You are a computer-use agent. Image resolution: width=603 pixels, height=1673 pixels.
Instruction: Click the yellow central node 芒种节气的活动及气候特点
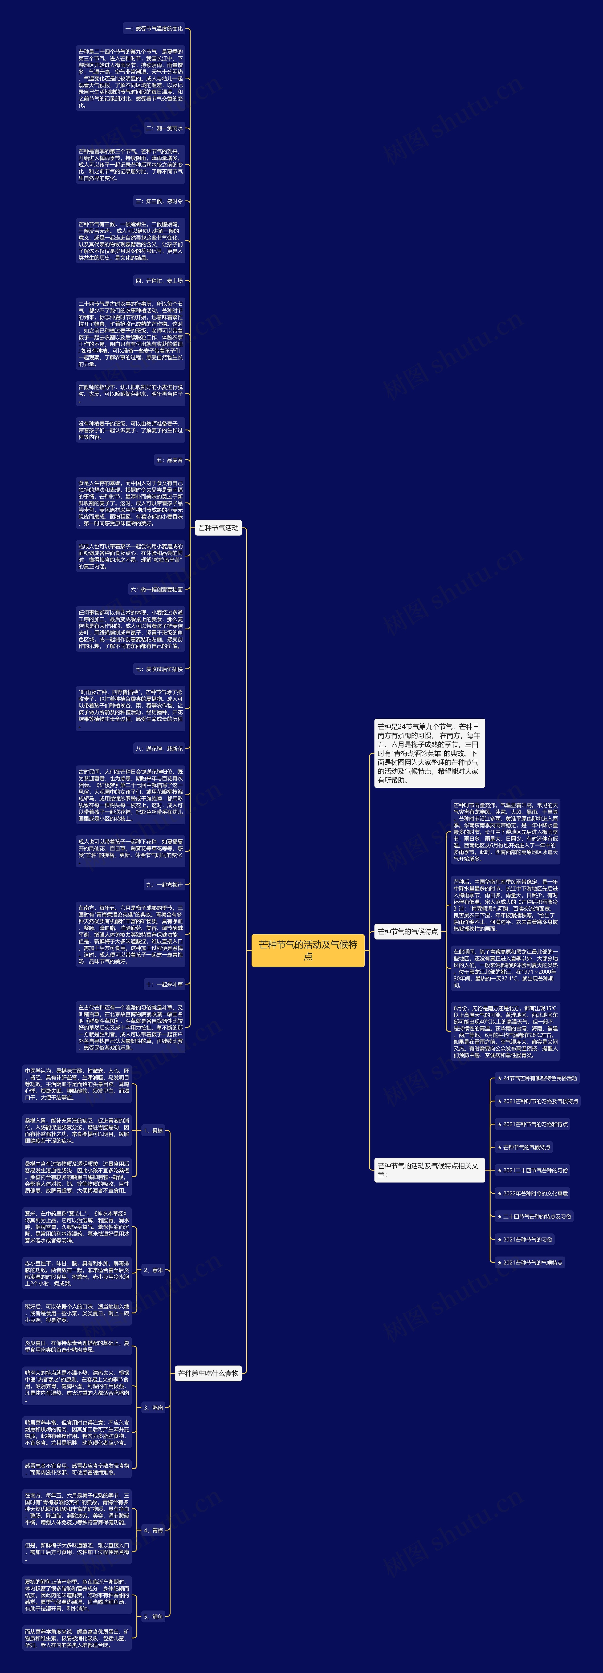pos(308,950)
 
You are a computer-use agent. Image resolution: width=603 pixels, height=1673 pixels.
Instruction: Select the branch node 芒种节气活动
pos(218,528)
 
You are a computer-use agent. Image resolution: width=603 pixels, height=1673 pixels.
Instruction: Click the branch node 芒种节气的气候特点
pos(407,931)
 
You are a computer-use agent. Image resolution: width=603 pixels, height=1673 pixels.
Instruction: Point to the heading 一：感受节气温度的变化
pos(154,28)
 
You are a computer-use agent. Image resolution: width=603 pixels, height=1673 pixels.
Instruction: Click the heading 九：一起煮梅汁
pos(164,885)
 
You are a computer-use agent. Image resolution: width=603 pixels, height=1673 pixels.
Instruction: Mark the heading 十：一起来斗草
pos(164,984)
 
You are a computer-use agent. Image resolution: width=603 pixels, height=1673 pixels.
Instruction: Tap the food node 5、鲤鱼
pos(153,1616)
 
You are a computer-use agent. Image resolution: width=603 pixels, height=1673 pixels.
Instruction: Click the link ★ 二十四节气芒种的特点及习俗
pos(534,1216)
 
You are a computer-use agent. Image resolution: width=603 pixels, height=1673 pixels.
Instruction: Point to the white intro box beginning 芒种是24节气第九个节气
pos(429,753)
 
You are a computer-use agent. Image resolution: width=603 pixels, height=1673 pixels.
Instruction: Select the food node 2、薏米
pos(153,1270)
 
